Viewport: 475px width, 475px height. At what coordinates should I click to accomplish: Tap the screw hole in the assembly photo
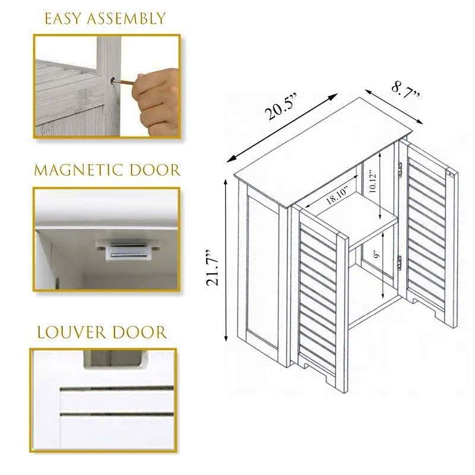[113, 78]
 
